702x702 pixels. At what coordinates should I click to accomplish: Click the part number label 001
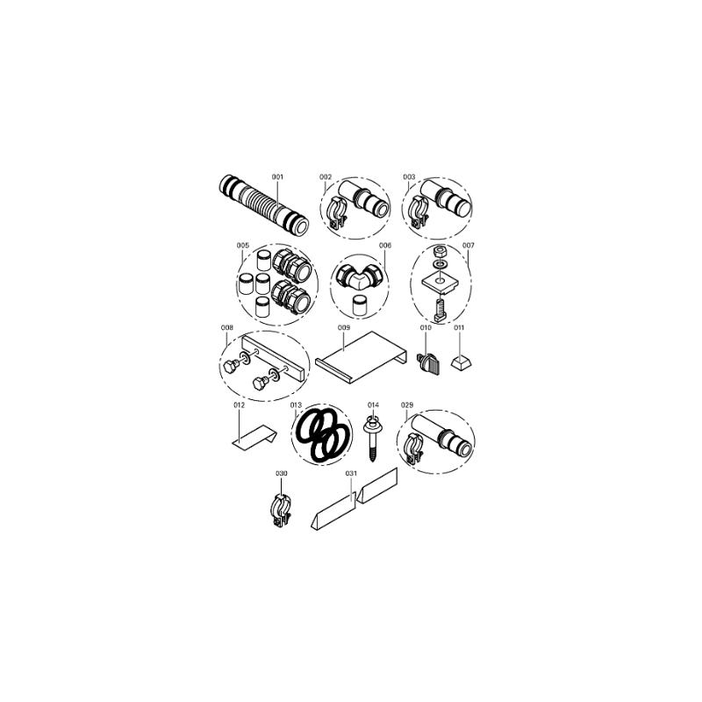pos(277,177)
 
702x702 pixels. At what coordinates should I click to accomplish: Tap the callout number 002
pos(326,177)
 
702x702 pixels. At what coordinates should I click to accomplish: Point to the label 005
pos(243,246)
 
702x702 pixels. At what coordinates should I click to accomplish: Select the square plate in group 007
pos(439,283)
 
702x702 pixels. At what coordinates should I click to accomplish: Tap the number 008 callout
pos(227,327)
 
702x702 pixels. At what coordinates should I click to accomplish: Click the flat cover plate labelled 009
pos(362,357)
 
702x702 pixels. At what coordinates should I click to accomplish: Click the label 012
pos(240,405)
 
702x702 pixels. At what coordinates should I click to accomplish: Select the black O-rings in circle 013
pos(321,435)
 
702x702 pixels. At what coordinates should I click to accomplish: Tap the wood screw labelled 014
pos(372,439)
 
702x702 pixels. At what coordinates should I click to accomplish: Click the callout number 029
pos(407,405)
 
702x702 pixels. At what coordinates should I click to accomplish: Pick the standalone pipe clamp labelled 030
pos(282,510)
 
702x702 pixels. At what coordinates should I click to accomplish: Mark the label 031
pos(352,473)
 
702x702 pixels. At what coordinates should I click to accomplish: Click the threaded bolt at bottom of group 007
pos(440,310)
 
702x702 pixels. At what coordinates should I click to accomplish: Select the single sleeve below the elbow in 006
pos(359,305)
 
